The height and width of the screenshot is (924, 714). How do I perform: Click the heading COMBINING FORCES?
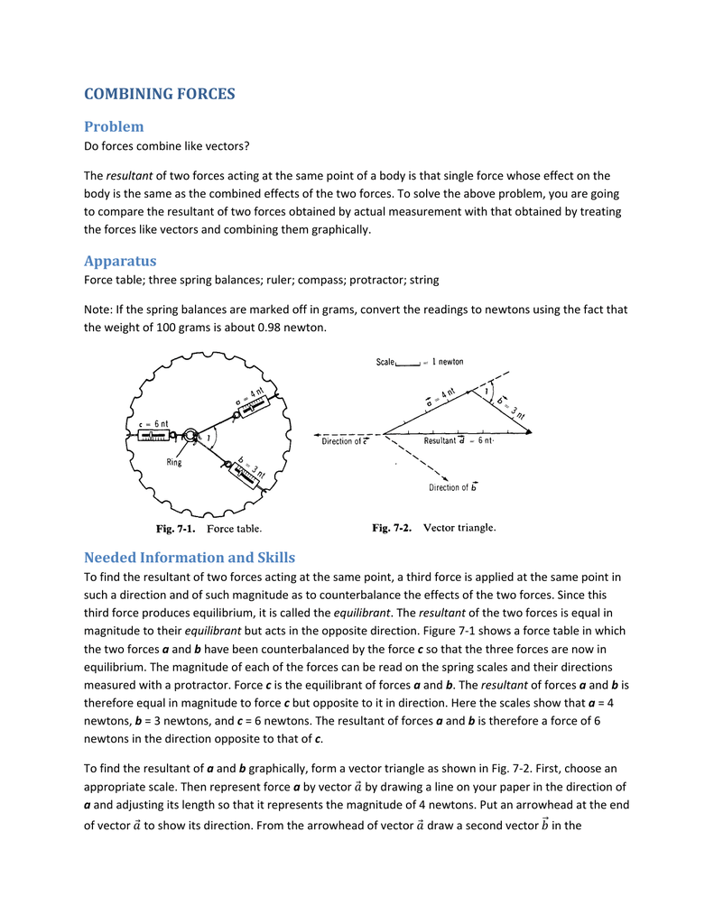159,94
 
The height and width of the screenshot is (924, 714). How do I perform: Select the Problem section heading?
114,126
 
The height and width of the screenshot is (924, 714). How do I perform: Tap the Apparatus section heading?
120,262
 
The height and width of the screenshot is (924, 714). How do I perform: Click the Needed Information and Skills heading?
190,557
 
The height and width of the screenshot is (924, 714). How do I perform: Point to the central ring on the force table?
191,436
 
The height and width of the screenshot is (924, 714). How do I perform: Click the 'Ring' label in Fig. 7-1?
174,463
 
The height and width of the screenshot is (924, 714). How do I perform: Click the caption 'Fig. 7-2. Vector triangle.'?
435,528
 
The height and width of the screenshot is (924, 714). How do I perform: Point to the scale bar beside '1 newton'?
408,364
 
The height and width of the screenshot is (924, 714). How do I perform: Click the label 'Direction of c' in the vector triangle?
344,442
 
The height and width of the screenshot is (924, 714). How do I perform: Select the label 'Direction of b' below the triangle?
453,488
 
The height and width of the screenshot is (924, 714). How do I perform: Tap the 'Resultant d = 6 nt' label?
459,441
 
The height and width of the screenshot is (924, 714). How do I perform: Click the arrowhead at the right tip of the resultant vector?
529,434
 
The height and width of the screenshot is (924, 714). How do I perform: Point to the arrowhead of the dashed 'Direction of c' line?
318,434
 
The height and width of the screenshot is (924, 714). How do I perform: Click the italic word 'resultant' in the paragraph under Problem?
129,176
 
